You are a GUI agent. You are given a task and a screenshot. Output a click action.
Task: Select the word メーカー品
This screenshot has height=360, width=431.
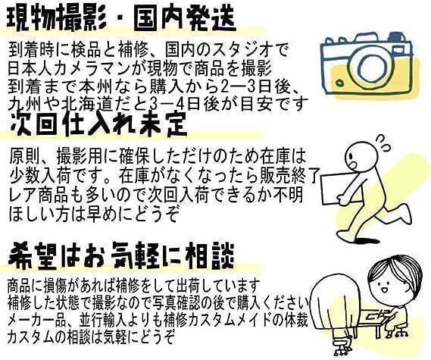[39, 318]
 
